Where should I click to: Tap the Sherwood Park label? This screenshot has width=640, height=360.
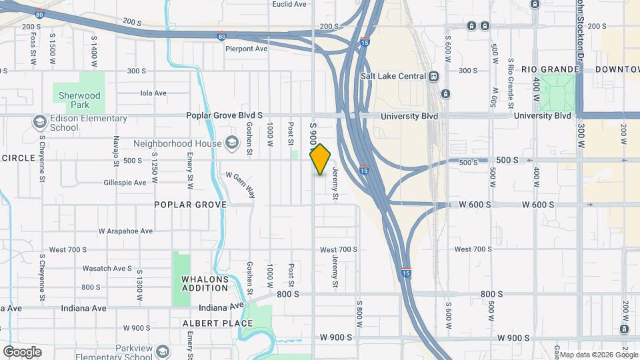[79, 100]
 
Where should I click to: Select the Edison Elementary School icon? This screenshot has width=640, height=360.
[39, 122]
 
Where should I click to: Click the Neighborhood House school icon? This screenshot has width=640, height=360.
[231, 143]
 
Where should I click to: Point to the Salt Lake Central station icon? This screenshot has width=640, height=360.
[434, 76]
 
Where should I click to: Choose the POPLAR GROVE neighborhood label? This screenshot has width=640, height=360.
[190, 205]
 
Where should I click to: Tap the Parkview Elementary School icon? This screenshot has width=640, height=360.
[162, 351]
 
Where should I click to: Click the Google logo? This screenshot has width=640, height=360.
[22, 352]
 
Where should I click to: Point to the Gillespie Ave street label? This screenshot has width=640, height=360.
[125, 183]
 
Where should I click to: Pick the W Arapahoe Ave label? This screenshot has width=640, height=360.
[125, 231]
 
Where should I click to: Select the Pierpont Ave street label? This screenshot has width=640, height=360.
[246, 49]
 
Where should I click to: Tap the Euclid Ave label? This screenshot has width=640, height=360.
[289, 4]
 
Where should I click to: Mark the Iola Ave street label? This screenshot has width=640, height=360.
[153, 93]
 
